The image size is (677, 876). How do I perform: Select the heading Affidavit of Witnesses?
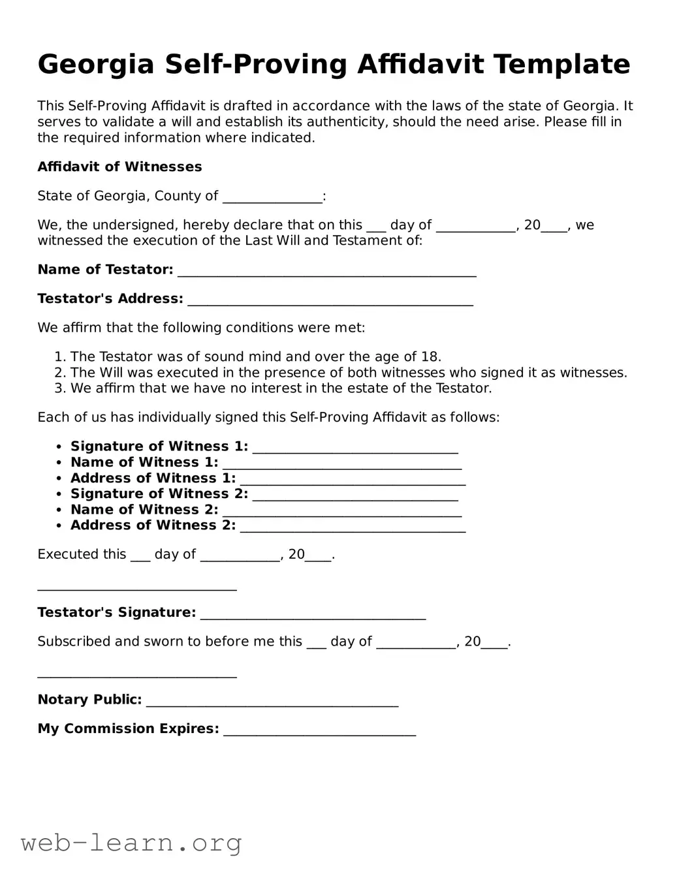(119, 167)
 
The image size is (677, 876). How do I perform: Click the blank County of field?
(272, 196)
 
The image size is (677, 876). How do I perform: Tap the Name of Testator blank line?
(326, 270)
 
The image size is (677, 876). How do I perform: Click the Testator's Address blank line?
(330, 299)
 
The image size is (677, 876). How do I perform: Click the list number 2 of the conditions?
(59, 373)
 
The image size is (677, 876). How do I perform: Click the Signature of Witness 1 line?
(354, 447)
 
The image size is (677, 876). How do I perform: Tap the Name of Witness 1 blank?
(341, 463)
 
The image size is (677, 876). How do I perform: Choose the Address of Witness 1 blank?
(353, 478)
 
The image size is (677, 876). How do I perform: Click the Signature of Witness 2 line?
(354, 494)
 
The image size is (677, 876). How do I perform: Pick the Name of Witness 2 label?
(144, 510)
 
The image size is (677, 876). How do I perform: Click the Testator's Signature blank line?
(313, 613)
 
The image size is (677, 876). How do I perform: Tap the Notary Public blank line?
(272, 700)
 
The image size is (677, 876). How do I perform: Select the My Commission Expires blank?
(319, 729)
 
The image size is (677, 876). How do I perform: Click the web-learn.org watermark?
(131, 843)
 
